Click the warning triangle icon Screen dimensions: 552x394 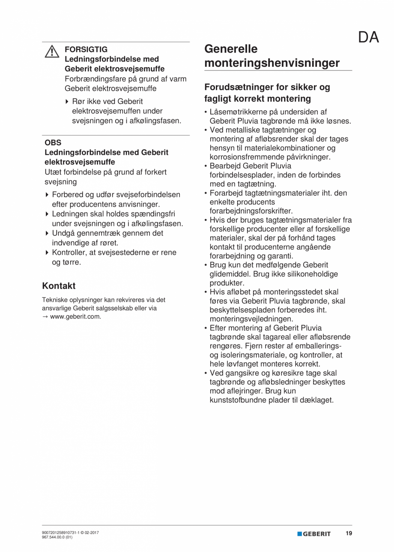[x=52, y=52]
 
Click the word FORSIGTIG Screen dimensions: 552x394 [x=86, y=49]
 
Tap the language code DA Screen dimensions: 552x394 [x=368, y=38]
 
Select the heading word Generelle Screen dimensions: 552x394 [x=231, y=48]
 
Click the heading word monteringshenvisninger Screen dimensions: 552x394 [x=272, y=63]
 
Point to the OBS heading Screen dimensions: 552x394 [x=53, y=143]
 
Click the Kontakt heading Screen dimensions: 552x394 [x=59, y=286]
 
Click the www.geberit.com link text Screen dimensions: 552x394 [x=75, y=317]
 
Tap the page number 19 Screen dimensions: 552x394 [x=349, y=534]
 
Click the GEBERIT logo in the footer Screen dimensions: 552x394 [x=314, y=534]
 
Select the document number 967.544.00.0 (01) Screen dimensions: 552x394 [x=57, y=537]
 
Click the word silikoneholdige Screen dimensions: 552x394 [x=312, y=274]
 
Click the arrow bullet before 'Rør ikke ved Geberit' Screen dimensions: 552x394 [x=67, y=101]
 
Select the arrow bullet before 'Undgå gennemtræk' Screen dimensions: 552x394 [x=47, y=233]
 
